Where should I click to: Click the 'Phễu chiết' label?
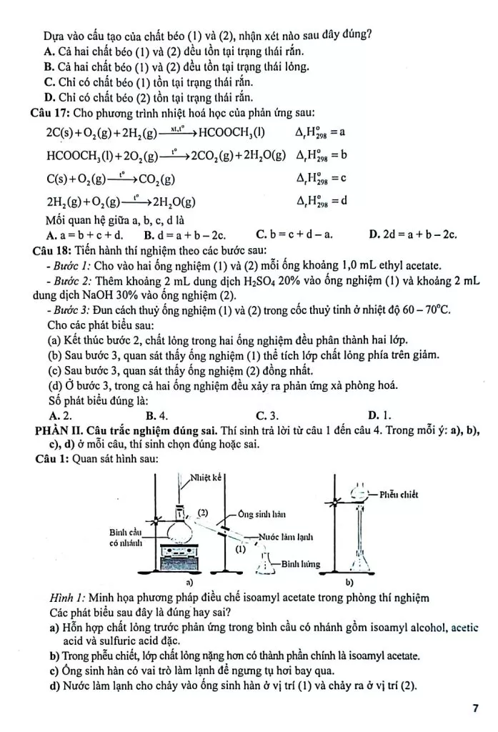click(x=399, y=494)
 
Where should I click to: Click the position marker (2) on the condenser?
click(x=202, y=513)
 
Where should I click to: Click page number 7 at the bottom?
click(x=475, y=708)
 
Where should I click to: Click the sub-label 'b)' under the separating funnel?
click(x=349, y=583)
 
